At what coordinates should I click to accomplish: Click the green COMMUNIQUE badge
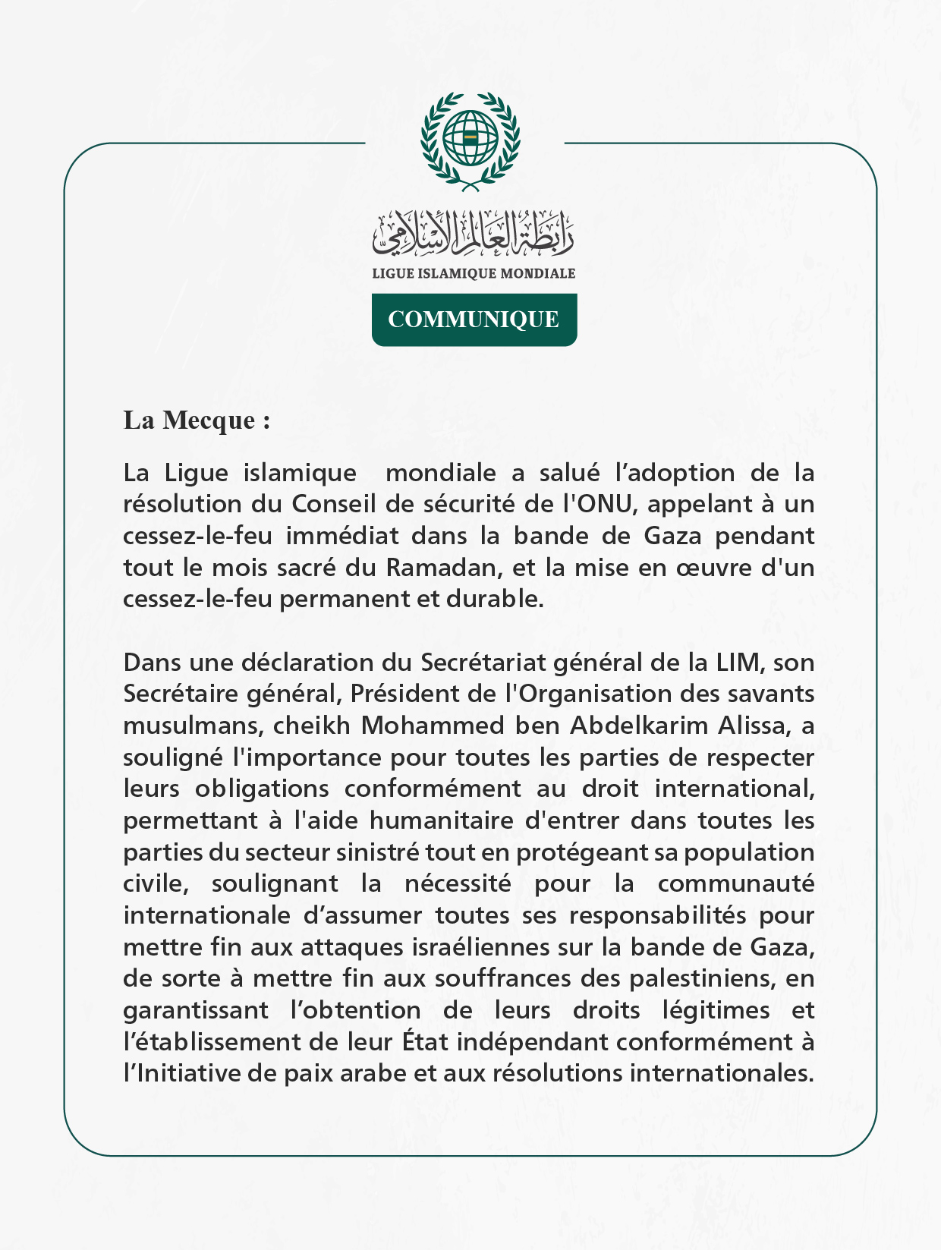474,320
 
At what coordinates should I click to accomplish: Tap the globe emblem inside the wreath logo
470,137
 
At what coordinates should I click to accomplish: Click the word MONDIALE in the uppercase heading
537,273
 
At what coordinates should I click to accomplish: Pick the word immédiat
342,536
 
